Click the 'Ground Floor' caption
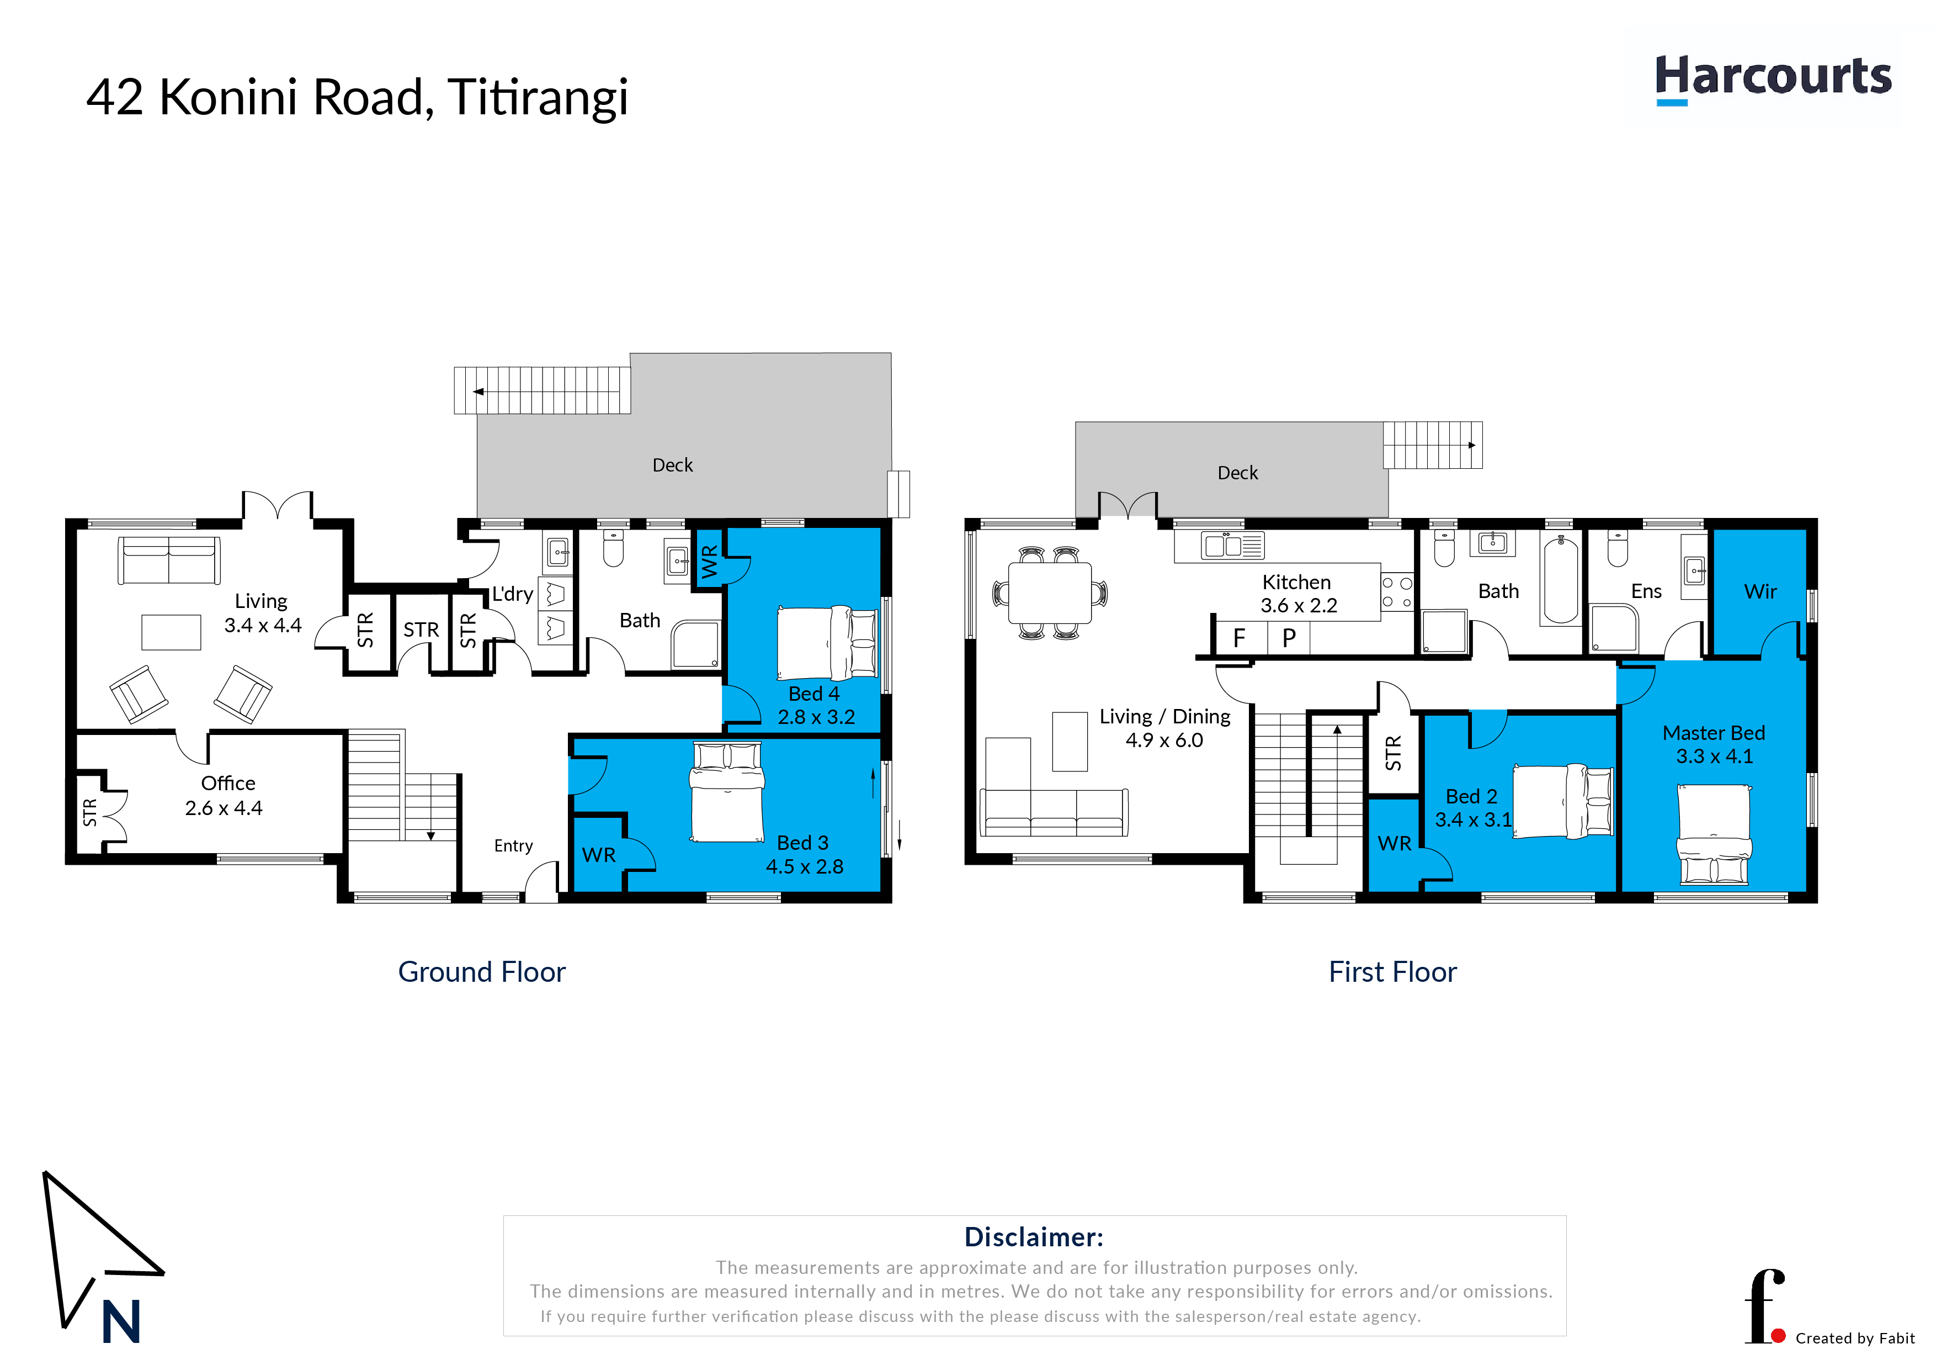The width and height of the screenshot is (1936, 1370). point(481,972)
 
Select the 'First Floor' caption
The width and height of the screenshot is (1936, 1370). point(1392,972)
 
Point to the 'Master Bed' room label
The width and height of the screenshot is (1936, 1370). point(1714,733)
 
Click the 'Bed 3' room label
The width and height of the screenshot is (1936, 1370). point(803,843)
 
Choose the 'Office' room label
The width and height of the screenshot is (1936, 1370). point(228,783)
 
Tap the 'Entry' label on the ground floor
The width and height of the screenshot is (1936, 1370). point(513,846)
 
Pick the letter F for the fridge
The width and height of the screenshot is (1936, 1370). point(1238,638)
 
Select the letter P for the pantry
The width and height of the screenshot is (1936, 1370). point(1289,638)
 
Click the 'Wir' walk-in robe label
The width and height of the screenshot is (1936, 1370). point(1761,591)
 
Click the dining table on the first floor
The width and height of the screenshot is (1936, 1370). point(1050,593)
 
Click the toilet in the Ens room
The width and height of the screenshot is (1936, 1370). point(1617,548)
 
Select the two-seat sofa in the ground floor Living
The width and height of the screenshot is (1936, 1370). point(169,560)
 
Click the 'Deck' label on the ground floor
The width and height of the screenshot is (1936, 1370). point(673,465)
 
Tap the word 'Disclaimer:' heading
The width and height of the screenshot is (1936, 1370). point(1034,1237)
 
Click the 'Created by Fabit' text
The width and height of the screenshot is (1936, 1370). point(1855,1339)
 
